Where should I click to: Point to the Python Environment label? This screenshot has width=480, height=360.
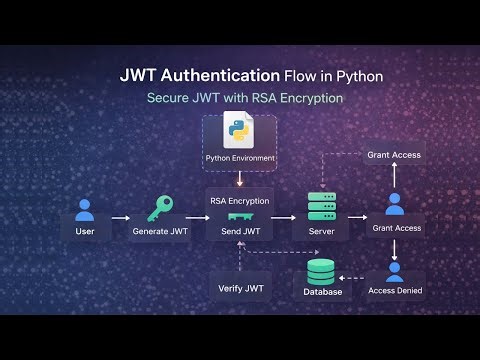click(240, 158)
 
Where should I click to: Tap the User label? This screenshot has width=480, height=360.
click(85, 232)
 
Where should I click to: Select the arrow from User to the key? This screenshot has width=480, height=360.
click(121, 217)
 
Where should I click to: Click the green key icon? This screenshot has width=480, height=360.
click(160, 209)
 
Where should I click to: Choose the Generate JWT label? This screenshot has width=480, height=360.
click(160, 232)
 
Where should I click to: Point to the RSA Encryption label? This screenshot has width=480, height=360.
click(240, 200)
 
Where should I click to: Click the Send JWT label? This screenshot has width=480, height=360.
click(240, 232)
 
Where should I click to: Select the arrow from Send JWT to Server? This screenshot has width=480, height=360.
click(284, 217)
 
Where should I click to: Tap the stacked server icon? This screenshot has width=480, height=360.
click(320, 207)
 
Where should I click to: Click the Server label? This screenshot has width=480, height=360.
click(320, 232)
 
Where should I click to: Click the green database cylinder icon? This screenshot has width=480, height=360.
click(321, 271)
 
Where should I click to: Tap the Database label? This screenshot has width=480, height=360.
click(322, 292)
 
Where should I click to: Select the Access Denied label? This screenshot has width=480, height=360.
click(395, 291)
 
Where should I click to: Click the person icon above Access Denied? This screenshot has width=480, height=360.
click(395, 271)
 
